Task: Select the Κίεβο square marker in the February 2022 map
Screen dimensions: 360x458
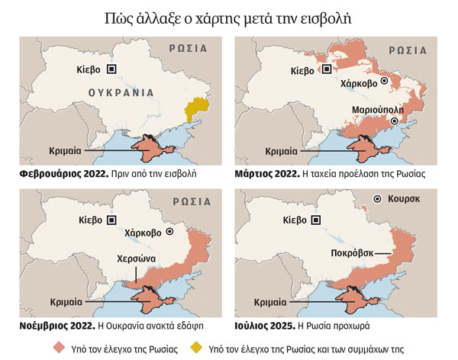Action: point(112,69)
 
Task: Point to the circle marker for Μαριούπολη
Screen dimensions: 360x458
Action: point(394,121)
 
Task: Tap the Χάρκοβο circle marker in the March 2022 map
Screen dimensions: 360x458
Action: point(385,80)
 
